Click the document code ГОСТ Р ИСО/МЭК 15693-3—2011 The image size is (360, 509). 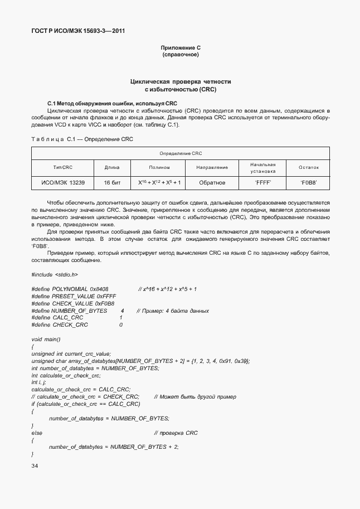point(77,31)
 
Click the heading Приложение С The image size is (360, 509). point(180,49)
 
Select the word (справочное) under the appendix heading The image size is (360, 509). point(180,55)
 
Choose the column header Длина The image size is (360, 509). point(112,167)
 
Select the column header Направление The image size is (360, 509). point(212,167)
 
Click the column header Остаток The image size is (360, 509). point(308,167)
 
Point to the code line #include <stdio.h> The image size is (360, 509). point(55,274)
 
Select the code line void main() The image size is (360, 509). point(46,339)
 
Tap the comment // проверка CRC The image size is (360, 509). point(176,433)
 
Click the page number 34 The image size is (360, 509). point(35,465)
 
